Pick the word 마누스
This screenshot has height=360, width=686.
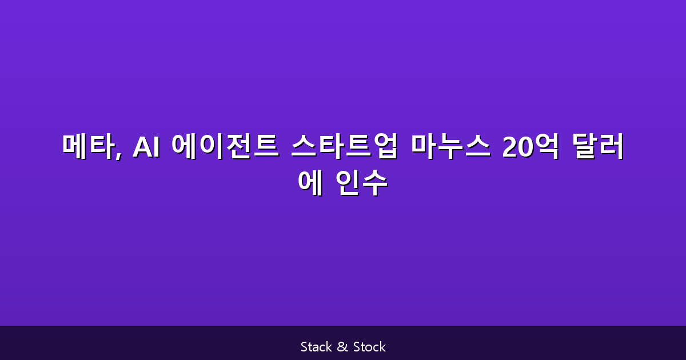pos(449,147)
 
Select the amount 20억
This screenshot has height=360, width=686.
pos(531,147)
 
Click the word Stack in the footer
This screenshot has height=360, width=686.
pos(316,347)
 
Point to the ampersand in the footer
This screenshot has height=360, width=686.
pos(343,347)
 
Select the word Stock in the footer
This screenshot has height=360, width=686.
pos(369,347)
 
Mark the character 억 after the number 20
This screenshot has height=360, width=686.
pos(547,147)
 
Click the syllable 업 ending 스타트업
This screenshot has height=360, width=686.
pos(384,147)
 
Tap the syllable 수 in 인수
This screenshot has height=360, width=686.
pos(375,183)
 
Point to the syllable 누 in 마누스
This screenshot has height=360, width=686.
pos(449,147)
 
